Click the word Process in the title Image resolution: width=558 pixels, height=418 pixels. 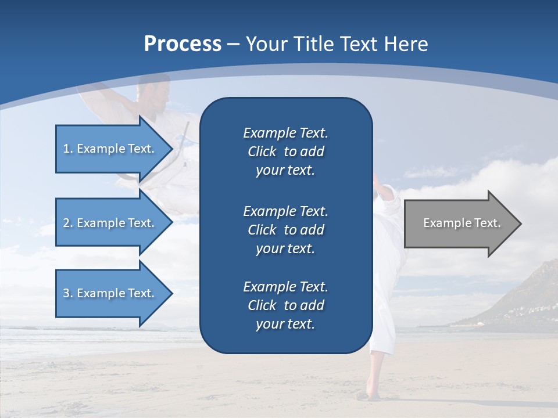[183, 44]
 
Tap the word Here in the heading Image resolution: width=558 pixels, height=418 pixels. [405, 44]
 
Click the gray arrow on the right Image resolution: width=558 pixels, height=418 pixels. [459, 223]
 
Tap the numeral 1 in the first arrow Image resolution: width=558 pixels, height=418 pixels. [66, 149]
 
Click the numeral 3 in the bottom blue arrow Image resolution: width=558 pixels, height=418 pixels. [66, 293]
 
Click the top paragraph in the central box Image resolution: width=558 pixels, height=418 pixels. [285, 152]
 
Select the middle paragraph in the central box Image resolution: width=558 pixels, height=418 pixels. [285, 229]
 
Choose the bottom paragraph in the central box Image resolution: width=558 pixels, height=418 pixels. [285, 305]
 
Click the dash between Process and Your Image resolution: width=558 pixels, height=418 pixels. [234, 45]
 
